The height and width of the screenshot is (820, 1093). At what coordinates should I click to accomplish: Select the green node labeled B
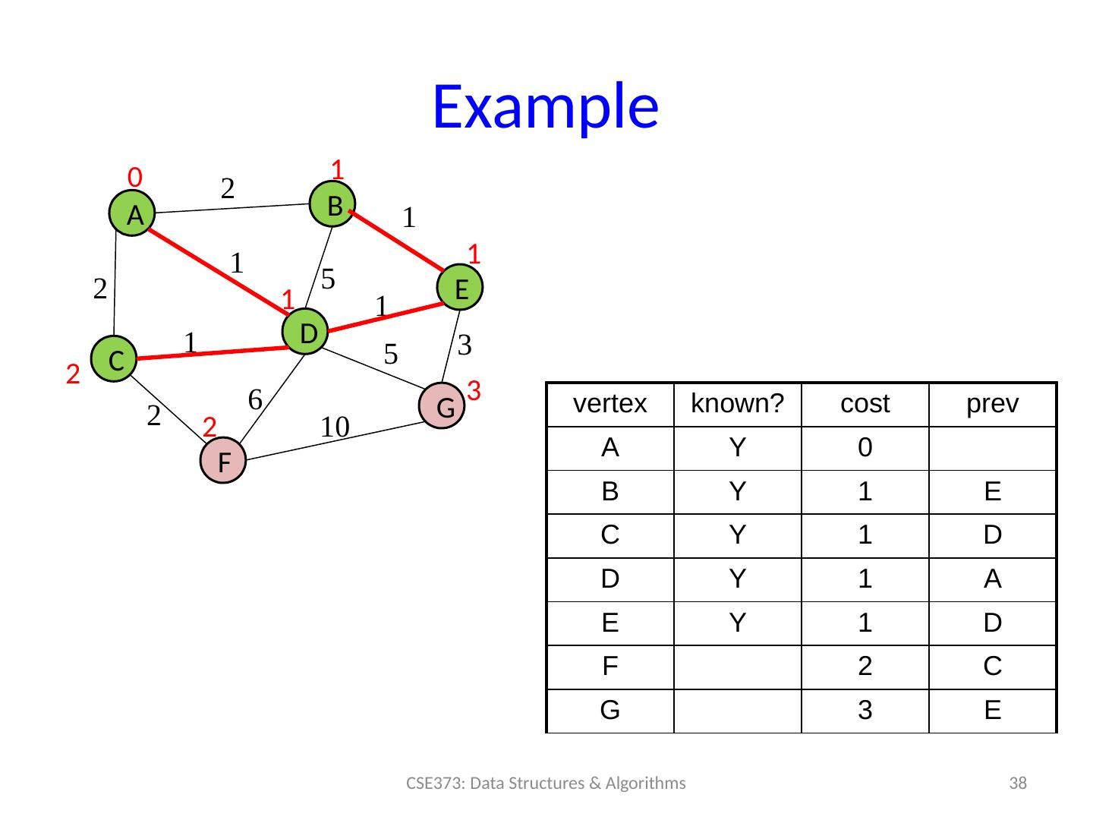[333, 204]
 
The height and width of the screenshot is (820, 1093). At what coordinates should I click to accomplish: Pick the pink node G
[444, 407]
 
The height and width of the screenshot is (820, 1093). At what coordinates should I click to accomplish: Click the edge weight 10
[334, 427]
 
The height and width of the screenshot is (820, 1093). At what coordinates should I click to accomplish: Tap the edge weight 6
[256, 398]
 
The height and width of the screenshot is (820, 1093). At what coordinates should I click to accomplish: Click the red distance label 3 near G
[474, 392]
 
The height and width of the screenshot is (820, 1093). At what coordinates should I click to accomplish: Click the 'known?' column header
[737, 405]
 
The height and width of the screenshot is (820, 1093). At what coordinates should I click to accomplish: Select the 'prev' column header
[992, 405]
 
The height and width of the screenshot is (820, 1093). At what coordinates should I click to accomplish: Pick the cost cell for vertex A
[865, 449]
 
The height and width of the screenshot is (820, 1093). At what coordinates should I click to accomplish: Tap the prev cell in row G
[992, 711]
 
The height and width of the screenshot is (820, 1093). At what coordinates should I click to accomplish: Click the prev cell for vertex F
[992, 667]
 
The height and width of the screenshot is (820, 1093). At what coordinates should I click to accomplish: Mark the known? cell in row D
[737, 579]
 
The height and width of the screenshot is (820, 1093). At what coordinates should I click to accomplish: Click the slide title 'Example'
[545, 106]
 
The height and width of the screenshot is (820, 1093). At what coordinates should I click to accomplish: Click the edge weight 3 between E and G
[465, 345]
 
